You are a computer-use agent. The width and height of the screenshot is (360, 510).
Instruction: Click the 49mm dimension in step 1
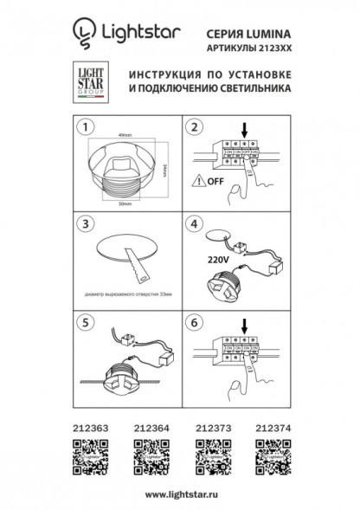(125, 132)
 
